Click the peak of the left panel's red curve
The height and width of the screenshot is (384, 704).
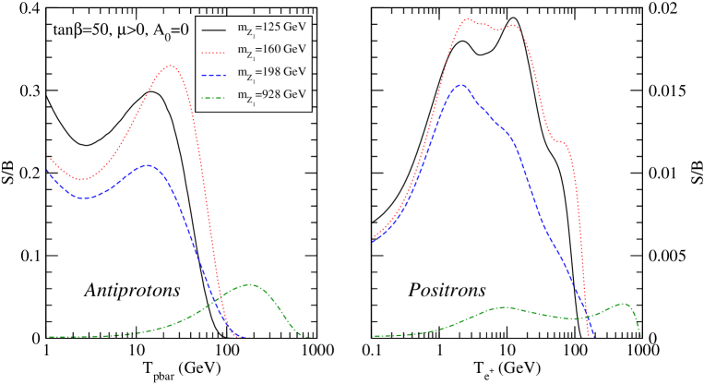[171, 66]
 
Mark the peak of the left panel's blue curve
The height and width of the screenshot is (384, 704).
[148, 165]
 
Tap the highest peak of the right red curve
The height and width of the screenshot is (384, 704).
[468, 18]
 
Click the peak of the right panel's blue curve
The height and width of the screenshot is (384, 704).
[460, 85]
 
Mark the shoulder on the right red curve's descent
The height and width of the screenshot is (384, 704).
[560, 141]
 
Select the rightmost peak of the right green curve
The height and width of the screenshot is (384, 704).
[625, 303]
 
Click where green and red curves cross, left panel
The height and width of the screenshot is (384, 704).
[217, 297]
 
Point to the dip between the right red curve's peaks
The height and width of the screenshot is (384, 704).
[496, 30]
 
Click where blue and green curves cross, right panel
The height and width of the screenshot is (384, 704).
[585, 317]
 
